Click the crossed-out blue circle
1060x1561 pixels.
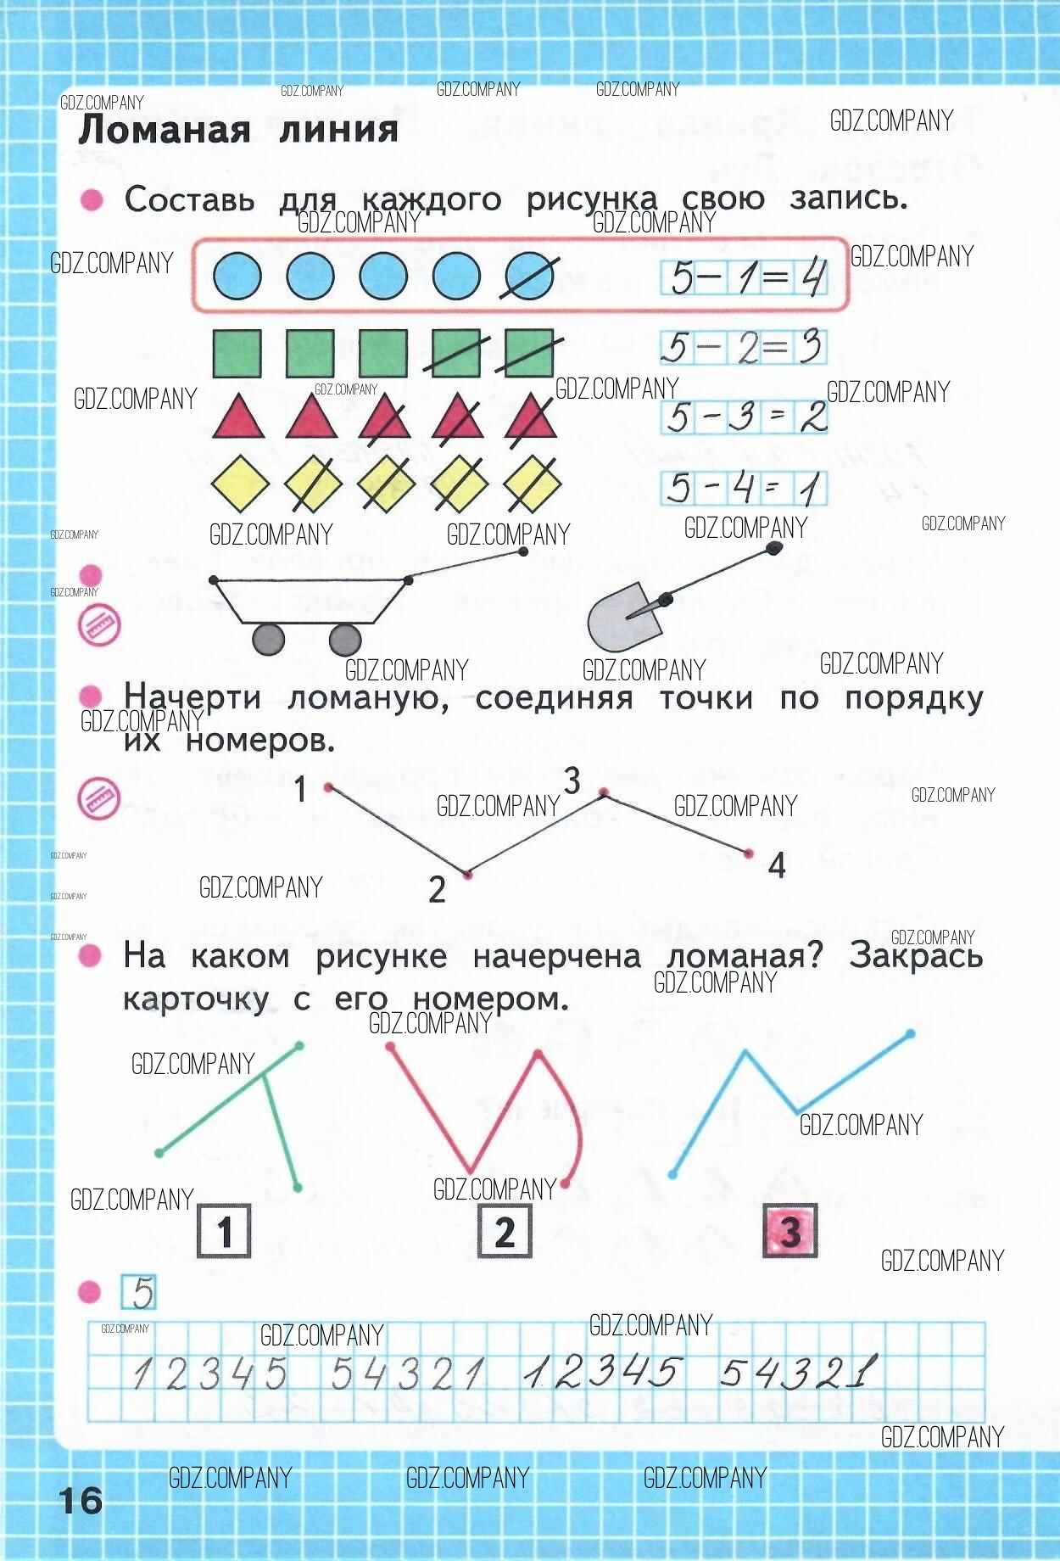click(x=529, y=276)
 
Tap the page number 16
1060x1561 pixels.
click(x=81, y=1500)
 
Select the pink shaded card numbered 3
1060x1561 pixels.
click(x=790, y=1230)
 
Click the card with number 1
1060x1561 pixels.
click(x=225, y=1231)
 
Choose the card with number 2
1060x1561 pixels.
click(x=505, y=1231)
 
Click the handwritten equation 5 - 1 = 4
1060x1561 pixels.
click(x=745, y=277)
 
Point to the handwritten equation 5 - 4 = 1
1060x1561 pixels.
click(x=745, y=488)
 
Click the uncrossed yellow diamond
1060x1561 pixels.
click(x=239, y=484)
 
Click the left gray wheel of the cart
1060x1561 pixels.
click(x=269, y=639)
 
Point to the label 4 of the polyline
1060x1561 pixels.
click(x=777, y=865)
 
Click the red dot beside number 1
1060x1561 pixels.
click(x=329, y=788)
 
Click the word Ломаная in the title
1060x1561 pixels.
click(x=165, y=130)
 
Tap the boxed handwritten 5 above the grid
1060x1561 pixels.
click(x=139, y=1292)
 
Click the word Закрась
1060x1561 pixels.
click(x=916, y=955)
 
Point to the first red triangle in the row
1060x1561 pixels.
click(x=238, y=417)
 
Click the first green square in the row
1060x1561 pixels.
click(x=237, y=353)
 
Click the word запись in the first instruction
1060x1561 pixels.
click(x=848, y=199)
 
